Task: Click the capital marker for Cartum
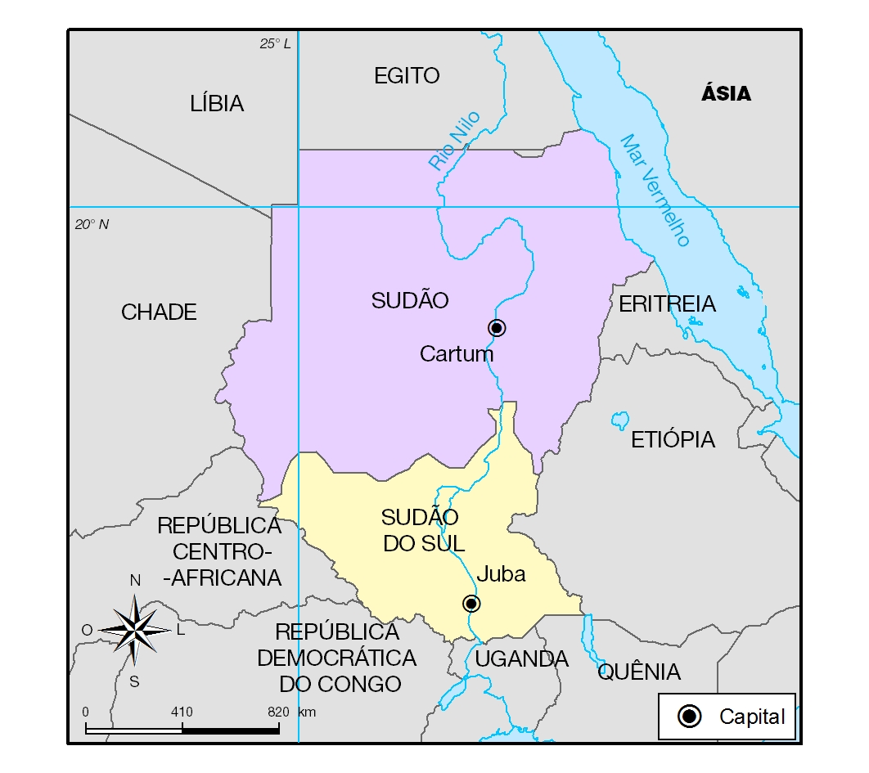point(497,327)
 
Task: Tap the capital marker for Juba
point(471,604)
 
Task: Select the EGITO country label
point(407,76)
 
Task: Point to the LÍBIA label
point(217,104)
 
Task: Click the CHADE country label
point(159,312)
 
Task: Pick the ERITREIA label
point(667,304)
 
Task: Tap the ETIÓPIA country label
point(673,439)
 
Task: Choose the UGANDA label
point(521,658)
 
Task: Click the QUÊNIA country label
point(639,672)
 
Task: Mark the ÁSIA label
point(726,94)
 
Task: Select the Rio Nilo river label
point(454,140)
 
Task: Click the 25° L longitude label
point(276,44)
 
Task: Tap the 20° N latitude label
point(92,224)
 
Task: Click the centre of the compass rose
point(136,629)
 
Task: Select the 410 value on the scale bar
point(182,712)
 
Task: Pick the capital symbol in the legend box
point(691,717)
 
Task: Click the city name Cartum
point(457,354)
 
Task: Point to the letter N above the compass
point(136,581)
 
